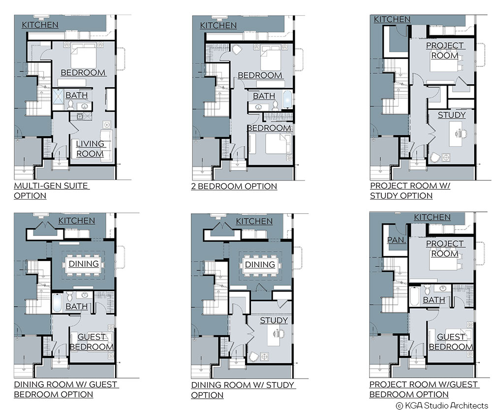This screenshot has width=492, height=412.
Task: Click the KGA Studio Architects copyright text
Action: click(x=442, y=406)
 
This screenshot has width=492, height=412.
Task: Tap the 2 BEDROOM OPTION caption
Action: click(x=234, y=186)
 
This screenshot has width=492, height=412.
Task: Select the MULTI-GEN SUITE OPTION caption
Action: click(x=52, y=191)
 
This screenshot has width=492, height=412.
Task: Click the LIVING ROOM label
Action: click(x=90, y=148)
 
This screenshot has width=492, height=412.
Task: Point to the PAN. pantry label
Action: click(x=397, y=240)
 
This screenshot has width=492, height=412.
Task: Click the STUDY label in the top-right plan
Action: click(x=452, y=115)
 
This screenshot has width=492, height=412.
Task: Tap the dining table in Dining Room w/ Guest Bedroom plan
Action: click(x=84, y=264)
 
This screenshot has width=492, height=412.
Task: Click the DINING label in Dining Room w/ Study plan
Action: click(x=260, y=265)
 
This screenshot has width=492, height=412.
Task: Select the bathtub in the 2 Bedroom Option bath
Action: click(x=287, y=99)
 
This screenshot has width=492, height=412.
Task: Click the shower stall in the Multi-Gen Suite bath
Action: click(x=58, y=96)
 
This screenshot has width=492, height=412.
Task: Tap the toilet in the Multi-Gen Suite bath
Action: click(x=70, y=105)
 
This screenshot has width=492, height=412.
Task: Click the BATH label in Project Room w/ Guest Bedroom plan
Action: click(x=434, y=300)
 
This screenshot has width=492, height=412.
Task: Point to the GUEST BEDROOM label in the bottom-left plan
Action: click(x=92, y=342)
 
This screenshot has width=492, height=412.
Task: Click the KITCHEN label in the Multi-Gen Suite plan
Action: click(x=40, y=25)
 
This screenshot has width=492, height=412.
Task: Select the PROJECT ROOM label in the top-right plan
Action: click(x=445, y=51)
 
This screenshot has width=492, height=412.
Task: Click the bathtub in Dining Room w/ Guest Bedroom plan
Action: click(x=57, y=303)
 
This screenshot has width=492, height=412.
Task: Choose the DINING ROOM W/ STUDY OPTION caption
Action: click(x=243, y=390)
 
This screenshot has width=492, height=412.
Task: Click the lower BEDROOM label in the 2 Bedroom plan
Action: click(x=269, y=128)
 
